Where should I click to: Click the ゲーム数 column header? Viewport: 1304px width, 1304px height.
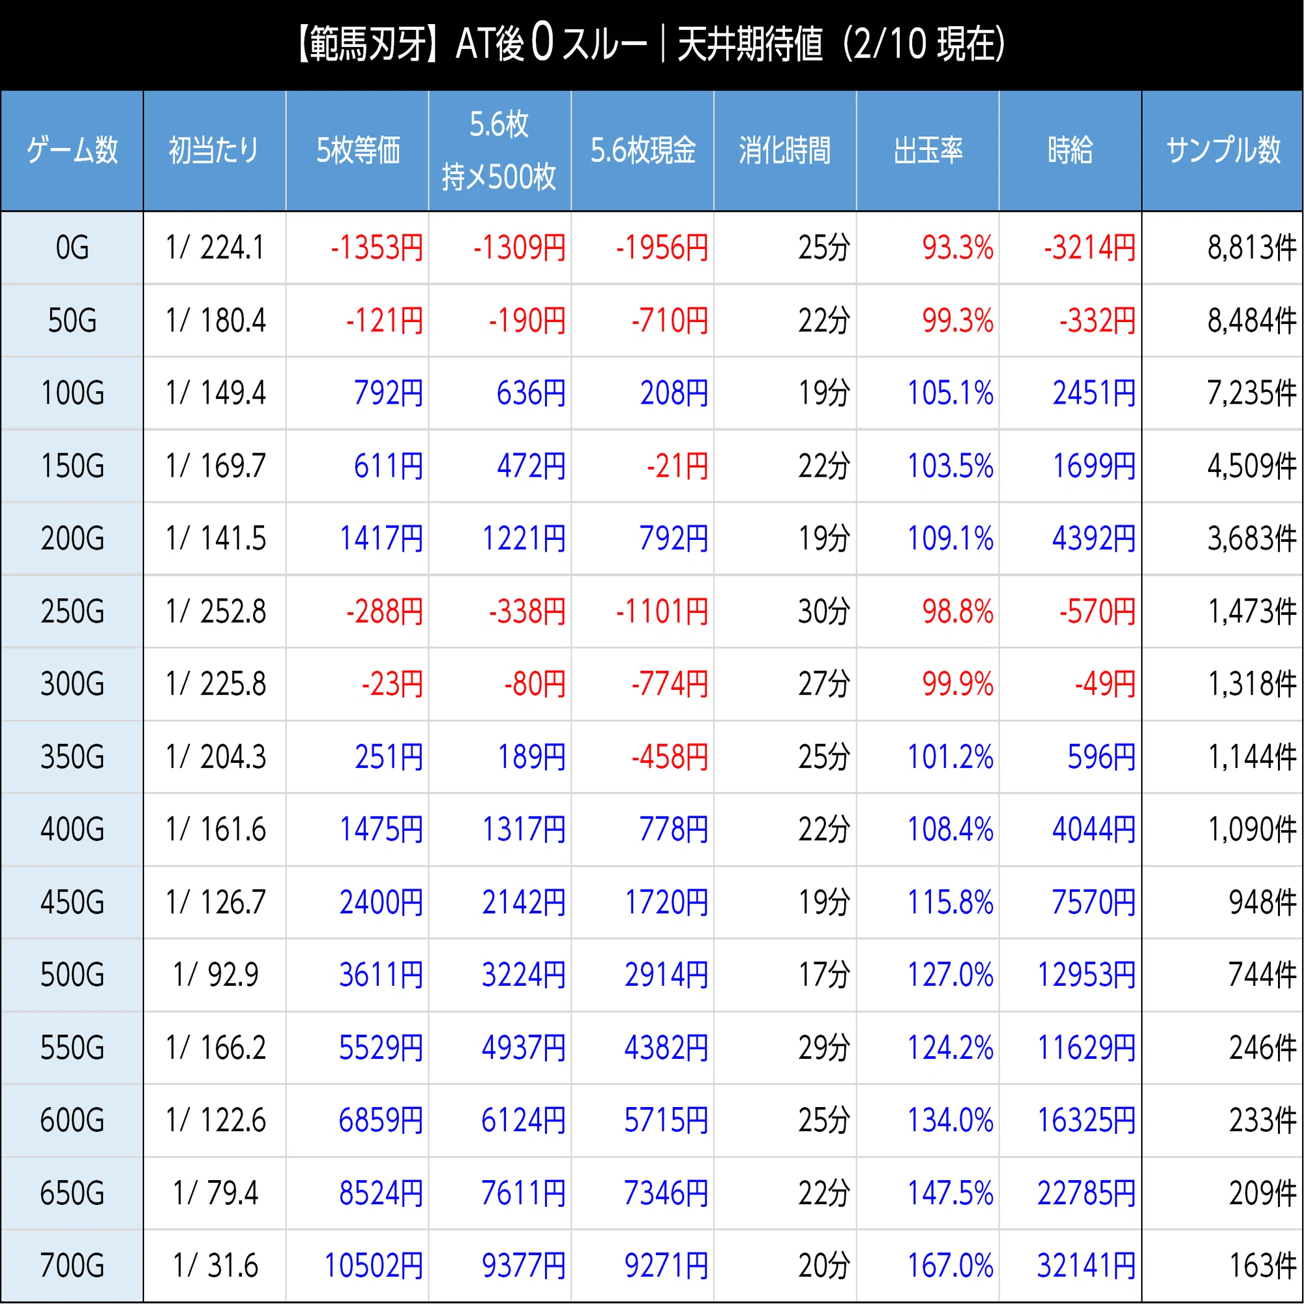72,150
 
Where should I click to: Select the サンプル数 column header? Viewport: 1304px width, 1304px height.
1223,150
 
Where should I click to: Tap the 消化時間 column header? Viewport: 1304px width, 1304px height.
785,150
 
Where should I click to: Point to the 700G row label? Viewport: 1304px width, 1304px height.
72,1266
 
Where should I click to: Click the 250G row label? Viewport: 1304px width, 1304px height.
72,612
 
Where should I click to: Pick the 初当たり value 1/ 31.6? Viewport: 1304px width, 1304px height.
215,1266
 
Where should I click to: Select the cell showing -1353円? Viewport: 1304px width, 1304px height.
377,248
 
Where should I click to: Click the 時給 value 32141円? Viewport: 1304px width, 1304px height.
1086,1266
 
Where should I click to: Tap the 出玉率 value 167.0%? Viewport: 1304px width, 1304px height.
951,1266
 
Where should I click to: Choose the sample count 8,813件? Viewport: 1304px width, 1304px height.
1252,248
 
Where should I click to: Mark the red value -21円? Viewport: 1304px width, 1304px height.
677,466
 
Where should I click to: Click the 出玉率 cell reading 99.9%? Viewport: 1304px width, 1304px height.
958,684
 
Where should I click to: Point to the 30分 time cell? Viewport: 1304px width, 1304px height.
823,612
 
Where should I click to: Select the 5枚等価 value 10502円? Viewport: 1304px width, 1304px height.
374,1266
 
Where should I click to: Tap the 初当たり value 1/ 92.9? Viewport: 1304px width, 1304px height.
215,975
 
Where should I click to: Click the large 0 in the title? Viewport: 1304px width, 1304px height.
542,43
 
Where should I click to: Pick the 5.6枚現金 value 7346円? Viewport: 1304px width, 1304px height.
666,1193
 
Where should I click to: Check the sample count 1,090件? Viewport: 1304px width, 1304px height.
1252,829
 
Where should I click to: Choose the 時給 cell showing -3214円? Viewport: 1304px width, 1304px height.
1090,248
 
